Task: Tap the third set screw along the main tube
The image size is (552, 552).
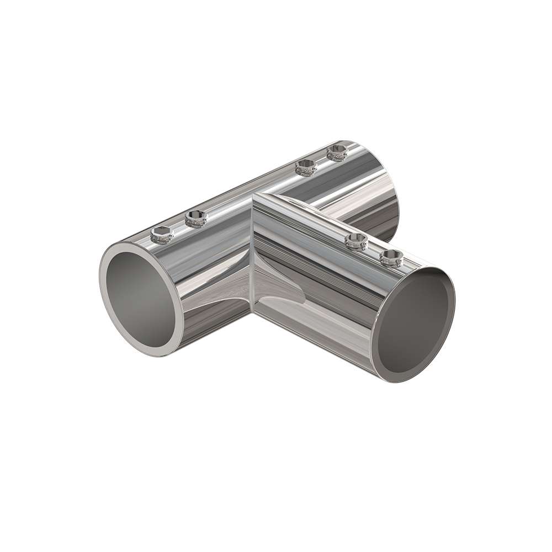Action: point(305,167)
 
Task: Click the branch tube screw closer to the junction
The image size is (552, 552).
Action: point(357,241)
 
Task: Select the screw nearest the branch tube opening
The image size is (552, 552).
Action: point(391,257)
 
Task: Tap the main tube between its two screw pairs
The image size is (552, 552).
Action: point(248,193)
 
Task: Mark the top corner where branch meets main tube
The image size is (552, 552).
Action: point(255,194)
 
